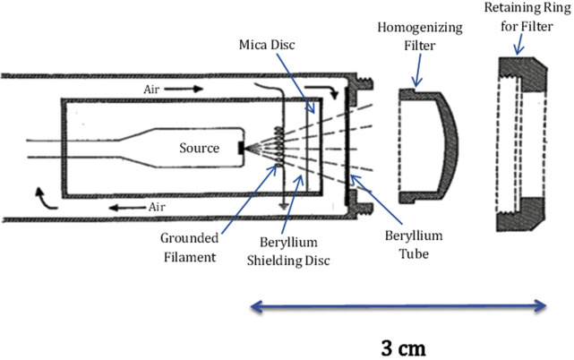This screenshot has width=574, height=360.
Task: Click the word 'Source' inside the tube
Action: coord(198,148)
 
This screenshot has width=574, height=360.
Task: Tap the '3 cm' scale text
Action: coord(398,346)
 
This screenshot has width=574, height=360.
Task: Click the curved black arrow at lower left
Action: coord(37,198)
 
